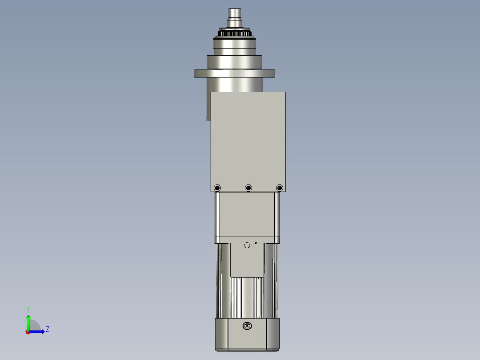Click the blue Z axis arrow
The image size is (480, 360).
(x=38, y=331)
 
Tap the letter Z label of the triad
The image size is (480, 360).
(x=47, y=329)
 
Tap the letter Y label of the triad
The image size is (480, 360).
(x=28, y=309)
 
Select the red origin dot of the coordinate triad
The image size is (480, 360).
(x=28, y=331)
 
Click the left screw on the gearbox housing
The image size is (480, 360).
(x=217, y=188)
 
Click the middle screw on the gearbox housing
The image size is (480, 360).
(x=248, y=188)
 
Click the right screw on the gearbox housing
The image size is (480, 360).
(x=279, y=188)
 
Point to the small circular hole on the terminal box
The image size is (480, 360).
(x=248, y=245)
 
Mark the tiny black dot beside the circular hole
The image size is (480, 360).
(x=256, y=243)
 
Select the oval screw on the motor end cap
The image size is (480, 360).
(x=247, y=326)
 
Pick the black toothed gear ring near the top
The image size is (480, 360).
(x=235, y=33)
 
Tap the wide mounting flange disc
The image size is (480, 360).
(x=235, y=74)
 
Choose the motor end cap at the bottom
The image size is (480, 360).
(x=247, y=334)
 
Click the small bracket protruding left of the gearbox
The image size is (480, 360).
(x=208, y=107)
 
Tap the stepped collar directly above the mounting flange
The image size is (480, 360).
(x=235, y=61)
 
